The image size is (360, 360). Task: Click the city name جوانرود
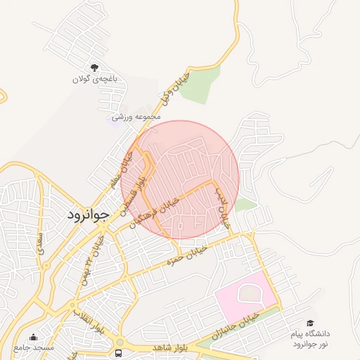click(89, 215)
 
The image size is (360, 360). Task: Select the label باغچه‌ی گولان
click(94, 79)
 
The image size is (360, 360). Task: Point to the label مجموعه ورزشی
click(136, 115)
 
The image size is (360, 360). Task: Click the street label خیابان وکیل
click(176, 87)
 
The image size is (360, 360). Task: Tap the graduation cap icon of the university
click(310, 322)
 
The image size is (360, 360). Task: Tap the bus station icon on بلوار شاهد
click(118, 352)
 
